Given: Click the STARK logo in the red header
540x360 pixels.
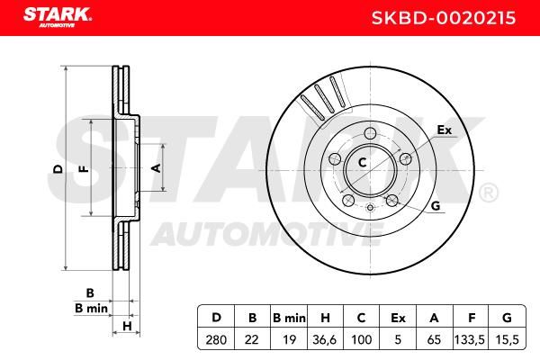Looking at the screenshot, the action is [x=58, y=17].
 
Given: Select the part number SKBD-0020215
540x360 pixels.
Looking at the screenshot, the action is [x=444, y=18].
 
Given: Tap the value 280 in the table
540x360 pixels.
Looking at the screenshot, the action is [x=216, y=340].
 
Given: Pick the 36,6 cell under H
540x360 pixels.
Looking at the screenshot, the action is [x=324, y=340].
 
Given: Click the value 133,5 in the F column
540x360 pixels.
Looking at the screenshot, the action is [x=470, y=340].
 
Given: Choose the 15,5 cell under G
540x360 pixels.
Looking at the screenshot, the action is [x=507, y=340].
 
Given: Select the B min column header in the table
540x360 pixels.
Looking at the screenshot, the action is [x=289, y=318].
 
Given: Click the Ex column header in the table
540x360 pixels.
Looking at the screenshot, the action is [x=398, y=318].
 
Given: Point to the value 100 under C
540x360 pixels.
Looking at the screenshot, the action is [x=361, y=340].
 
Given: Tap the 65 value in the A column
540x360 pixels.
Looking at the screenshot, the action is [x=434, y=340].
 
